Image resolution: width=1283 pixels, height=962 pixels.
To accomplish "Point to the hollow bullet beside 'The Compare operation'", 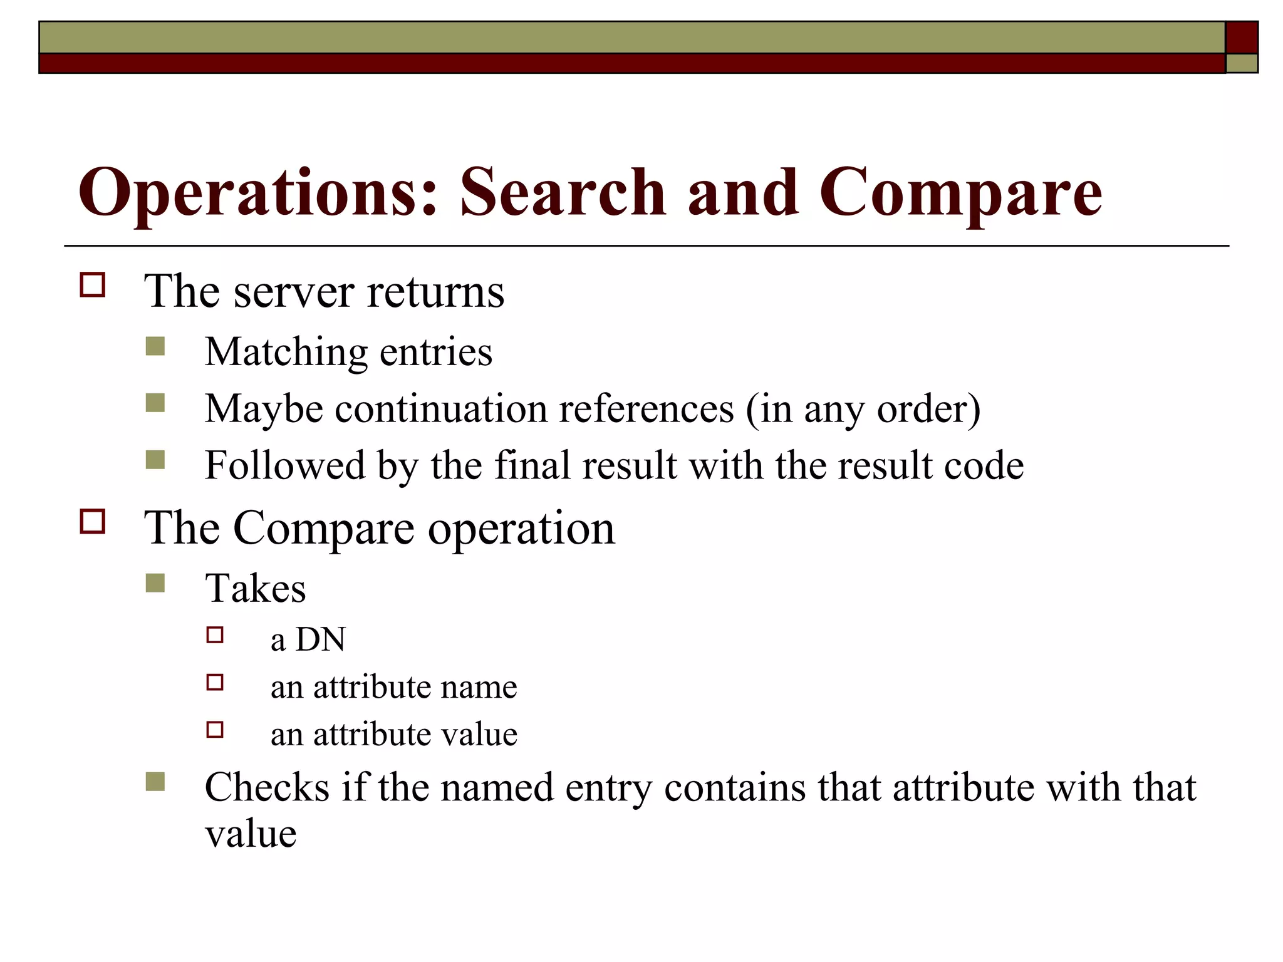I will pyautogui.click(x=93, y=521).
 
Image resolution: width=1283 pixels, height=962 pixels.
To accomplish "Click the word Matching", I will pyautogui.click(x=286, y=352).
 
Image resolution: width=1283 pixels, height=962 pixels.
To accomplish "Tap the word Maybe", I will pyautogui.click(x=264, y=410).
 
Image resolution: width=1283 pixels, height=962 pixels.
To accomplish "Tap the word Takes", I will pyautogui.click(x=256, y=589).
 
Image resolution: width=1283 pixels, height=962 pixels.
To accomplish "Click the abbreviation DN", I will pyautogui.click(x=320, y=639).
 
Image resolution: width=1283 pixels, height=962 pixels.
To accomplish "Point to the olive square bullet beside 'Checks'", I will pyautogui.click(x=155, y=782).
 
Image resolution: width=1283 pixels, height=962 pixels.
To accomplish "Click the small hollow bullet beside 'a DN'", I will pyautogui.click(x=215, y=635).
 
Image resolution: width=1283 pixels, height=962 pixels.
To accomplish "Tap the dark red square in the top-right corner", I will pyautogui.click(x=1241, y=37).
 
